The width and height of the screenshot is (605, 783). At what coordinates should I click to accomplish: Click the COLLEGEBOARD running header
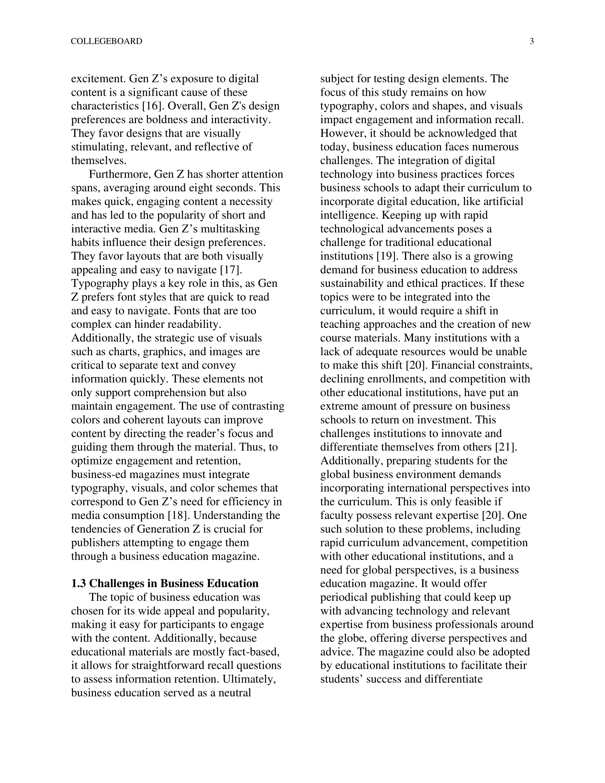(x=106, y=41)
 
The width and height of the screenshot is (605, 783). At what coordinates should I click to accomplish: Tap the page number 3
(x=532, y=41)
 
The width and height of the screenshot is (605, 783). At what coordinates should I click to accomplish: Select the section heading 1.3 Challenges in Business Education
(x=165, y=583)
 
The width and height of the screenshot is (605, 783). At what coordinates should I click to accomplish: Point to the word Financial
(x=454, y=365)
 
